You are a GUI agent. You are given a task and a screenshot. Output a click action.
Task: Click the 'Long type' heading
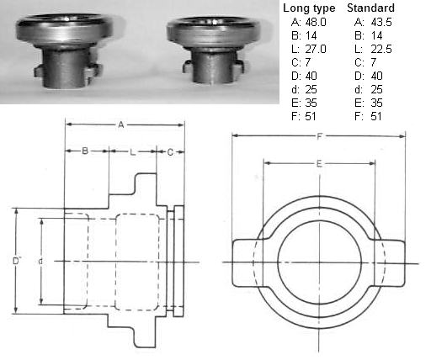coord(309,8)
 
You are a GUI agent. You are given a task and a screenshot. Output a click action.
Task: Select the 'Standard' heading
coord(370,8)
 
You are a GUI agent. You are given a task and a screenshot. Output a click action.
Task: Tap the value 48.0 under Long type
coord(316,22)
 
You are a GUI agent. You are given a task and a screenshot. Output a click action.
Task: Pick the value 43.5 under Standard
coord(381,22)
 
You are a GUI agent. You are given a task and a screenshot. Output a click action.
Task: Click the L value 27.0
coord(316,49)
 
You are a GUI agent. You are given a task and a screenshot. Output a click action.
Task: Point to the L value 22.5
coord(381,49)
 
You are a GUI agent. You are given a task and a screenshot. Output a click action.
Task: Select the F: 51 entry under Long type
coord(304,116)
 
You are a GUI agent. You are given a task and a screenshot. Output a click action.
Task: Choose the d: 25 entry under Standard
coord(368,89)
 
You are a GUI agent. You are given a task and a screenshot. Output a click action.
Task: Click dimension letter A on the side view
coord(121,124)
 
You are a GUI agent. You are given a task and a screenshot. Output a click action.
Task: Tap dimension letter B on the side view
coord(85,151)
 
